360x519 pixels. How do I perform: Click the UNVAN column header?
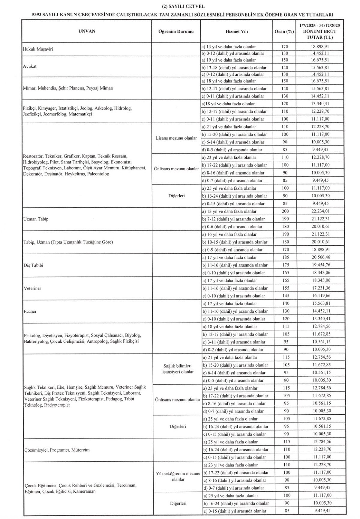click(87, 31)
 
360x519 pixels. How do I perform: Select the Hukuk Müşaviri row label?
click(38, 49)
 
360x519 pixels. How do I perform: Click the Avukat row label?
click(30, 67)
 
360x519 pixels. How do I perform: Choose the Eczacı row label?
click(30, 312)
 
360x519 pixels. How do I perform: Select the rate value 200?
click(285, 211)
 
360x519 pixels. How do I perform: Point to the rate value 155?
click(285, 288)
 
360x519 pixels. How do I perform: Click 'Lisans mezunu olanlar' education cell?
click(176, 138)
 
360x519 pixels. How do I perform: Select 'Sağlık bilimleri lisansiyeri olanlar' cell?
click(177, 369)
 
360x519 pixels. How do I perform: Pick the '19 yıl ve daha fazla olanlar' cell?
click(229, 60)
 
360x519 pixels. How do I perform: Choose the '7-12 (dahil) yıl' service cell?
click(234, 219)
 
